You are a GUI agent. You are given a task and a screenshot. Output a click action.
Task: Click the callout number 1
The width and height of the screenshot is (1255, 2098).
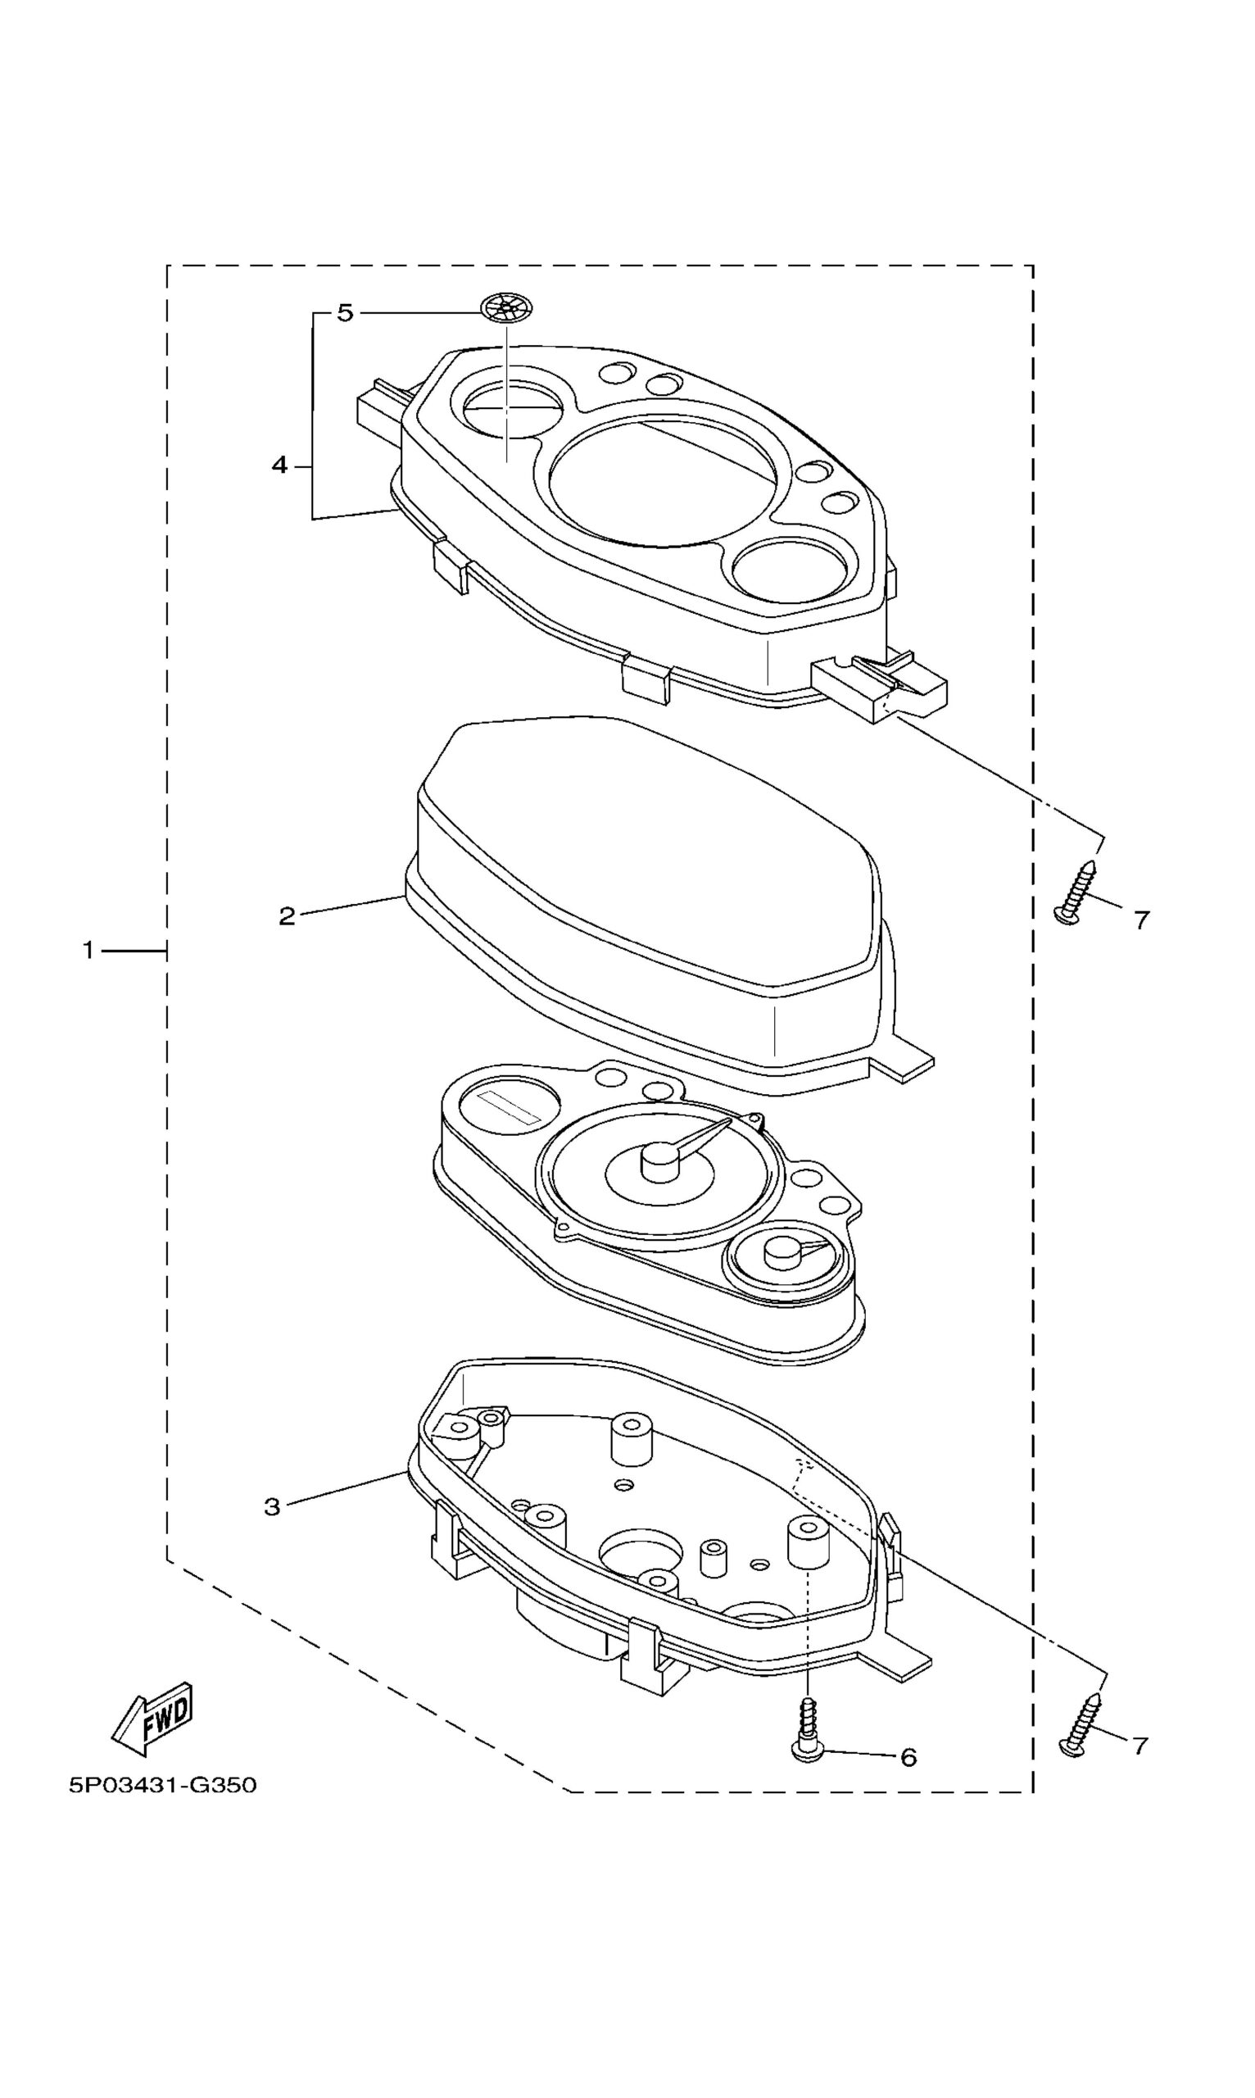[88, 951]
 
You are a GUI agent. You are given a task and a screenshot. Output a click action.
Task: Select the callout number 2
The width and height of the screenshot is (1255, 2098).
[288, 915]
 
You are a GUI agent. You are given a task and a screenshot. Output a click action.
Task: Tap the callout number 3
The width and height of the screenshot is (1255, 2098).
[272, 1505]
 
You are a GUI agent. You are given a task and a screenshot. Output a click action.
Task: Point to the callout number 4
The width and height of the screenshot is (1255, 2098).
[279, 465]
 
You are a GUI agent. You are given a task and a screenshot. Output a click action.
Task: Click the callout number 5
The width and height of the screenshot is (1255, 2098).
[344, 313]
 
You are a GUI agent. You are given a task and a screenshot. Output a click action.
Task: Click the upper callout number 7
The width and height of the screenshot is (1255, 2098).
[1142, 920]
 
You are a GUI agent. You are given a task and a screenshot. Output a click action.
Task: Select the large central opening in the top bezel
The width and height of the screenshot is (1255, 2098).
[661, 480]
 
